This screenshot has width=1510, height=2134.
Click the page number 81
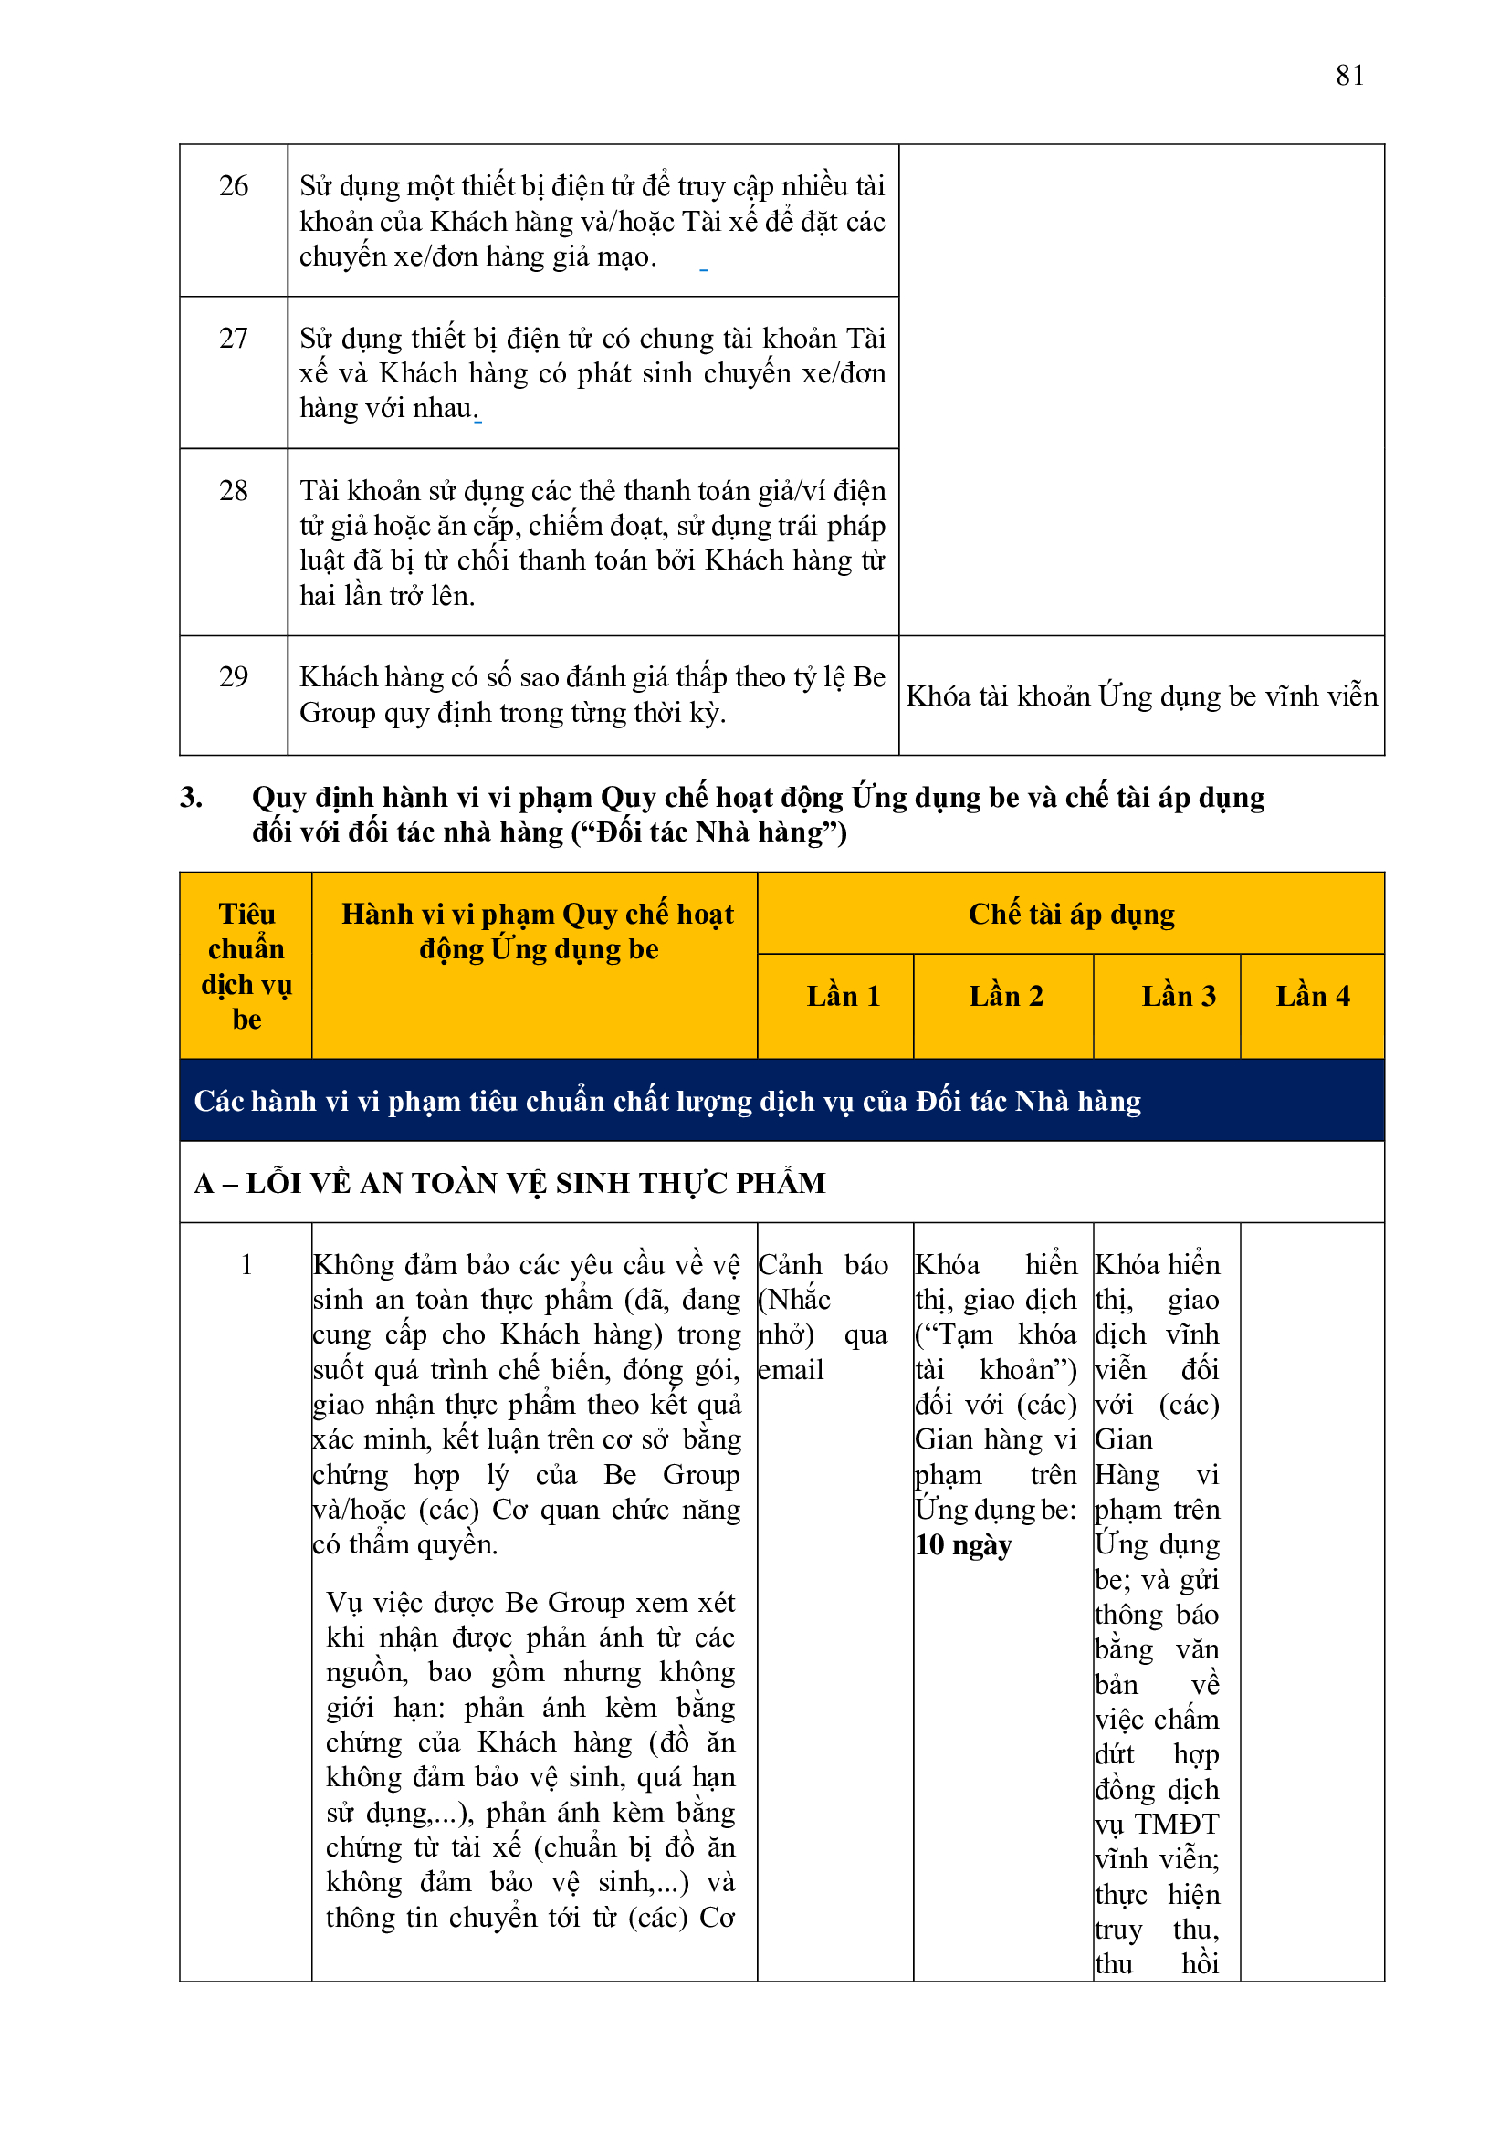(x=1349, y=75)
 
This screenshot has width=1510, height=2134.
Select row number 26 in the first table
(x=234, y=186)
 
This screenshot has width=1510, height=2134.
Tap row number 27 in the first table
(x=234, y=339)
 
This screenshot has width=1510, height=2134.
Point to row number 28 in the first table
(x=234, y=491)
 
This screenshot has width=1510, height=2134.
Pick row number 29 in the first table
(x=234, y=676)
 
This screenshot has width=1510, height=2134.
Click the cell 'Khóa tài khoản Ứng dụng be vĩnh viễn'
(x=1141, y=696)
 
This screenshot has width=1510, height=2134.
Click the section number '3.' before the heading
(x=192, y=798)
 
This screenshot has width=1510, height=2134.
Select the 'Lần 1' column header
(x=843, y=997)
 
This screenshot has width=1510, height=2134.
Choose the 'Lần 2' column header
(x=1005, y=997)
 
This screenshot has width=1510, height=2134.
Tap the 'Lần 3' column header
(x=1178, y=997)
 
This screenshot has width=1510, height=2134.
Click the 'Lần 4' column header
(x=1312, y=997)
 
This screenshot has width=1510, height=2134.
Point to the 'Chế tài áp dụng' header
(x=1071, y=915)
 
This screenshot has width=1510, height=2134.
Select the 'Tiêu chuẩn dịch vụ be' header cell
(x=246, y=967)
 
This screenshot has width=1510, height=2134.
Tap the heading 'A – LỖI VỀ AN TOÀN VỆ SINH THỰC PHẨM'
(x=509, y=1183)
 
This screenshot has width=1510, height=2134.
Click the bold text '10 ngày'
(x=963, y=1545)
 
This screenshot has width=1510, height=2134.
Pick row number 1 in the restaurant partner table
(x=246, y=1265)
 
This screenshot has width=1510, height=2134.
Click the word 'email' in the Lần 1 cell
(x=792, y=1370)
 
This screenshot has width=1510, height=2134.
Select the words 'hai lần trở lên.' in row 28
(x=387, y=596)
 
